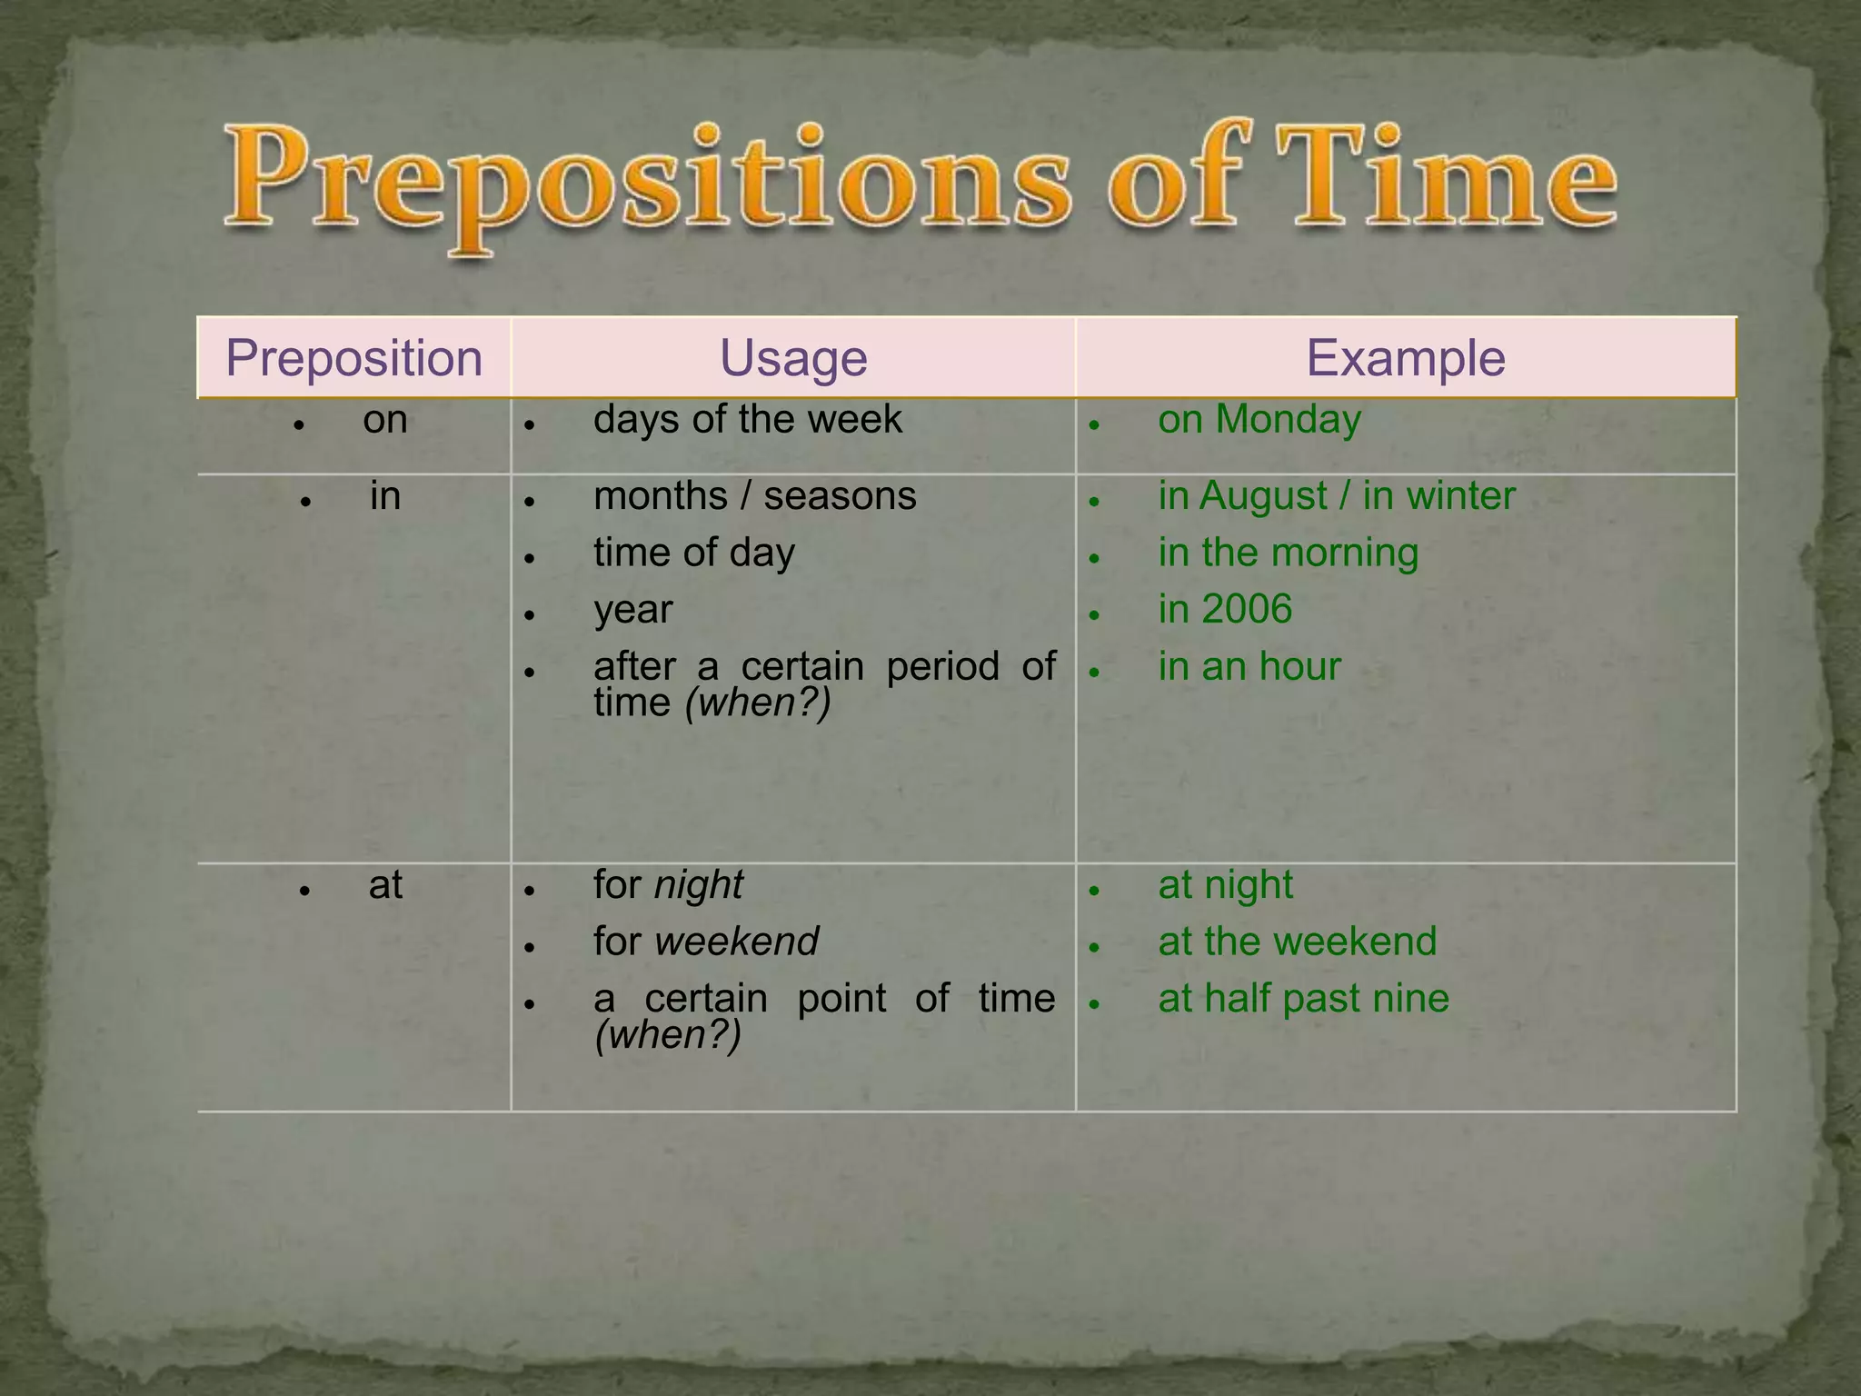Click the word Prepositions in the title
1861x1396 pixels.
click(646, 182)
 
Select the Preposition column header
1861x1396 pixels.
click(353, 358)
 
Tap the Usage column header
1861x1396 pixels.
click(793, 358)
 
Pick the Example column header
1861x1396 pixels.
click(1405, 358)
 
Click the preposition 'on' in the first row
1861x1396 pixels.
click(385, 420)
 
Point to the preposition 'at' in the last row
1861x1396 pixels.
click(385, 885)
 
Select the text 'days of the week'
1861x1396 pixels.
click(747, 420)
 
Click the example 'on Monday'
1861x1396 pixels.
click(1259, 420)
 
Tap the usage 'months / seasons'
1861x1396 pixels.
click(754, 496)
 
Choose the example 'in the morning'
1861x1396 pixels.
click(1288, 553)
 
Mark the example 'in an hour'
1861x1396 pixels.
click(1249, 667)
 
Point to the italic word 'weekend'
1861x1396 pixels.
click(736, 942)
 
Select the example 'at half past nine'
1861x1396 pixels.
click(1303, 999)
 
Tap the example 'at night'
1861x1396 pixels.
click(1224, 885)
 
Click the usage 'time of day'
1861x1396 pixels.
click(693, 553)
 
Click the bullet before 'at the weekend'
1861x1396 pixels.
click(1095, 947)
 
